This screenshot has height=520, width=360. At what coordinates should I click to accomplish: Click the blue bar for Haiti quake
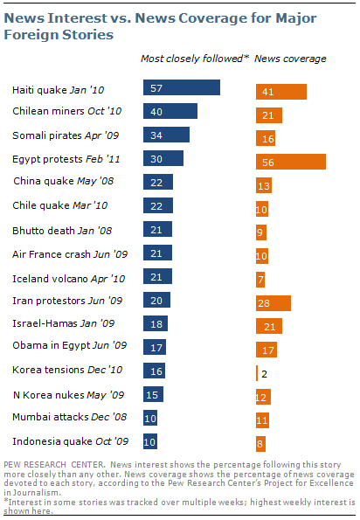click(182, 87)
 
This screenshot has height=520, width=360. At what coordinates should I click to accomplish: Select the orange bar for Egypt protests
click(291, 162)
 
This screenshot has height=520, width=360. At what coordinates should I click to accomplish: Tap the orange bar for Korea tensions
click(257, 373)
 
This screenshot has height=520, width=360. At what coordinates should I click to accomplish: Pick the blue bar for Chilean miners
click(170, 111)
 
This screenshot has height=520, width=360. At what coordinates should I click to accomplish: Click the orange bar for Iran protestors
click(273, 303)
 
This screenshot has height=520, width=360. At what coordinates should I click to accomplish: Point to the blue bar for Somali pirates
click(166, 135)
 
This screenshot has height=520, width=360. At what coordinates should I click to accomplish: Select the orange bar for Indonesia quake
click(260, 444)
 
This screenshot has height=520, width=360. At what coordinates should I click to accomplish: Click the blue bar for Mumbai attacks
click(150, 418)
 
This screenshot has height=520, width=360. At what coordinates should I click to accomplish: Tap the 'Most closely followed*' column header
click(195, 59)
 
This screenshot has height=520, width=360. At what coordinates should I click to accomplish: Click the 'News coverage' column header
click(290, 59)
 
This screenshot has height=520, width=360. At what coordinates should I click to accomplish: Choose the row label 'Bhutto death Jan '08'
click(62, 231)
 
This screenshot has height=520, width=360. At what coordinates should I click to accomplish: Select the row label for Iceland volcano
click(69, 279)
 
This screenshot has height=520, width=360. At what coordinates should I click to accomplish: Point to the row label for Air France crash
click(70, 254)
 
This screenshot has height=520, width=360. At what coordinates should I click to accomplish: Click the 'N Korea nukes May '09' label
click(69, 395)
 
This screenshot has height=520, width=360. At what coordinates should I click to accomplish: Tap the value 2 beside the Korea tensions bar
click(264, 374)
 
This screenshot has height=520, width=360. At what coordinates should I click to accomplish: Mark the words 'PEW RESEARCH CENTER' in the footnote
click(54, 465)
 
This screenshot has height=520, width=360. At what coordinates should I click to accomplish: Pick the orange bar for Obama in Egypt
click(267, 350)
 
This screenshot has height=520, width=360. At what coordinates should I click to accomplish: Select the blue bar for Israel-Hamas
click(156, 323)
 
